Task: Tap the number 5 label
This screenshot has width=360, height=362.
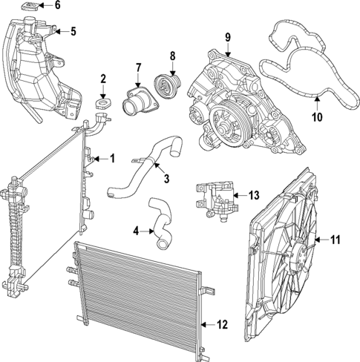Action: click(x=72, y=31)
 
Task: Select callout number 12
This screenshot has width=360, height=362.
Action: click(x=221, y=323)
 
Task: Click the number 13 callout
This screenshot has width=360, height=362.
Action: click(x=254, y=195)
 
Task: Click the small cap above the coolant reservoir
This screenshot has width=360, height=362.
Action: click(x=29, y=8)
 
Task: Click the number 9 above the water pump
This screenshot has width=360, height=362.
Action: click(x=228, y=36)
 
